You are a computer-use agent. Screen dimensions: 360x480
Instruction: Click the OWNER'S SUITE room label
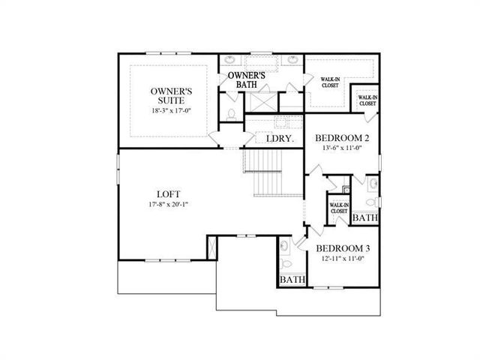(x=172, y=97)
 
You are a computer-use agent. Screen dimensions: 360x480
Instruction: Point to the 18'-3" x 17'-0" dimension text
(x=172, y=111)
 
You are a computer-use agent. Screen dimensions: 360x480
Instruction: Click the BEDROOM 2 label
(x=342, y=138)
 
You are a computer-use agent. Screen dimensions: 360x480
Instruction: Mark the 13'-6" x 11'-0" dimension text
(x=342, y=148)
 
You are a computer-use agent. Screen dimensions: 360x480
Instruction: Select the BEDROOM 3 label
(x=343, y=247)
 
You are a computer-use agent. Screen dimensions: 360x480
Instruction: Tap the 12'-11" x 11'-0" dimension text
(x=343, y=259)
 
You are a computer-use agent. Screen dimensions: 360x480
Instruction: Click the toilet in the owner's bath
(x=232, y=114)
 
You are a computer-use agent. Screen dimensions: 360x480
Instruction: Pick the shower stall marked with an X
(x=262, y=100)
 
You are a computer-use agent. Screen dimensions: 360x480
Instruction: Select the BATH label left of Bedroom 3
(x=292, y=280)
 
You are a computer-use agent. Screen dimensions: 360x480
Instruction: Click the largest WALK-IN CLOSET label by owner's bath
(x=330, y=82)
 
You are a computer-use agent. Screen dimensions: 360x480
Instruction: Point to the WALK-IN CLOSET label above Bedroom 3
(x=339, y=208)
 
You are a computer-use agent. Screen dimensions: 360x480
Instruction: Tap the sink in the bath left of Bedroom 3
(x=284, y=245)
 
